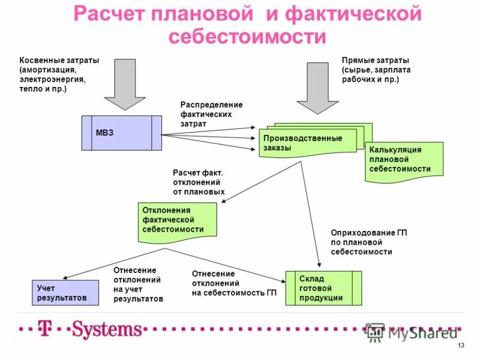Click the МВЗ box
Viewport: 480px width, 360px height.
(122, 133)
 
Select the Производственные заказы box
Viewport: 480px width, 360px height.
(306, 143)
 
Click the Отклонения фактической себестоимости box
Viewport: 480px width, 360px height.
(177, 220)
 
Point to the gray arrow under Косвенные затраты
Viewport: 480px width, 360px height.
(124, 83)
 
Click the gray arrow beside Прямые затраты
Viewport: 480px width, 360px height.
(318, 87)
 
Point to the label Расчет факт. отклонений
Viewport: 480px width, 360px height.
(199, 182)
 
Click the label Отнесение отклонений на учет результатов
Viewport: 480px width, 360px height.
(138, 284)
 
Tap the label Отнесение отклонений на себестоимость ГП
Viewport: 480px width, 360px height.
(234, 283)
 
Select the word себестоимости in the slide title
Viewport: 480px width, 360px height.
(247, 37)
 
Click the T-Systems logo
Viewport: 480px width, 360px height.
(90, 329)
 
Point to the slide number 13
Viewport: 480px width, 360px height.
(461, 347)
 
